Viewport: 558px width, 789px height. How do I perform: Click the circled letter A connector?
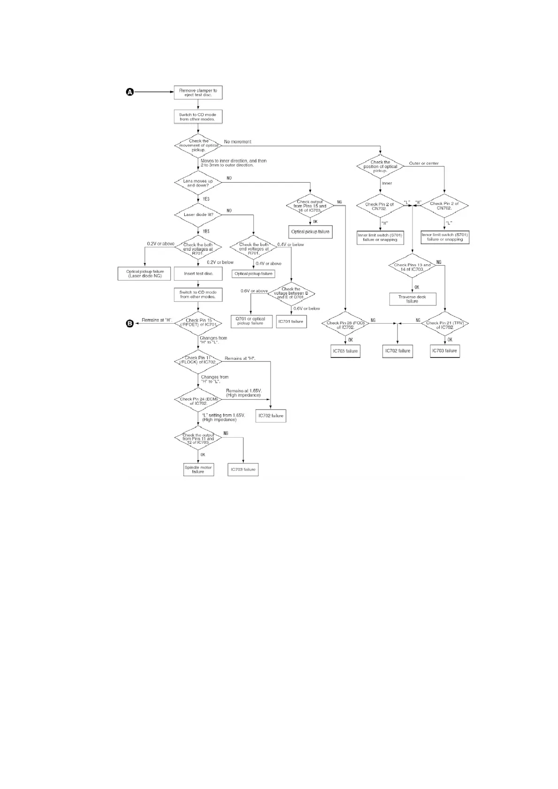(130, 92)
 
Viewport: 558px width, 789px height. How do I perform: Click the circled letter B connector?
(130, 323)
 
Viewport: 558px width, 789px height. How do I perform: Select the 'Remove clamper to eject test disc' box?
(198, 93)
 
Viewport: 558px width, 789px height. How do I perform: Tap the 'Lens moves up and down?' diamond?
(198, 183)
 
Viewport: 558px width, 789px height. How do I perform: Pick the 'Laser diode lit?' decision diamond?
(198, 215)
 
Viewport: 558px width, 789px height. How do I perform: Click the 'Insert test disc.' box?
(198, 274)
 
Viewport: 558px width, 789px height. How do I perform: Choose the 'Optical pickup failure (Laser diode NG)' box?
(145, 274)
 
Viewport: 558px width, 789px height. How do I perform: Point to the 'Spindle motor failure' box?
(198, 469)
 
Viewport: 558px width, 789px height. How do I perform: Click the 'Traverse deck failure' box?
(412, 299)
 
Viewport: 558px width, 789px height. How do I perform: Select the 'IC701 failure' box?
(291, 321)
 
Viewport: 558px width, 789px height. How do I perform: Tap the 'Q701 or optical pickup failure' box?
(251, 321)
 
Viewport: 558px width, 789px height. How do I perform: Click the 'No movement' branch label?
(238, 141)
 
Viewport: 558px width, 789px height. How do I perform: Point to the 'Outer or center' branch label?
(424, 164)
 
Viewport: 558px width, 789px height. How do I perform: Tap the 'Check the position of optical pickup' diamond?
(380, 166)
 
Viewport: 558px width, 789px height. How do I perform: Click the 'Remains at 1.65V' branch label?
(244, 393)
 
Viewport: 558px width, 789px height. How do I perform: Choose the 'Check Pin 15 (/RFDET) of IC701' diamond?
(198, 322)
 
